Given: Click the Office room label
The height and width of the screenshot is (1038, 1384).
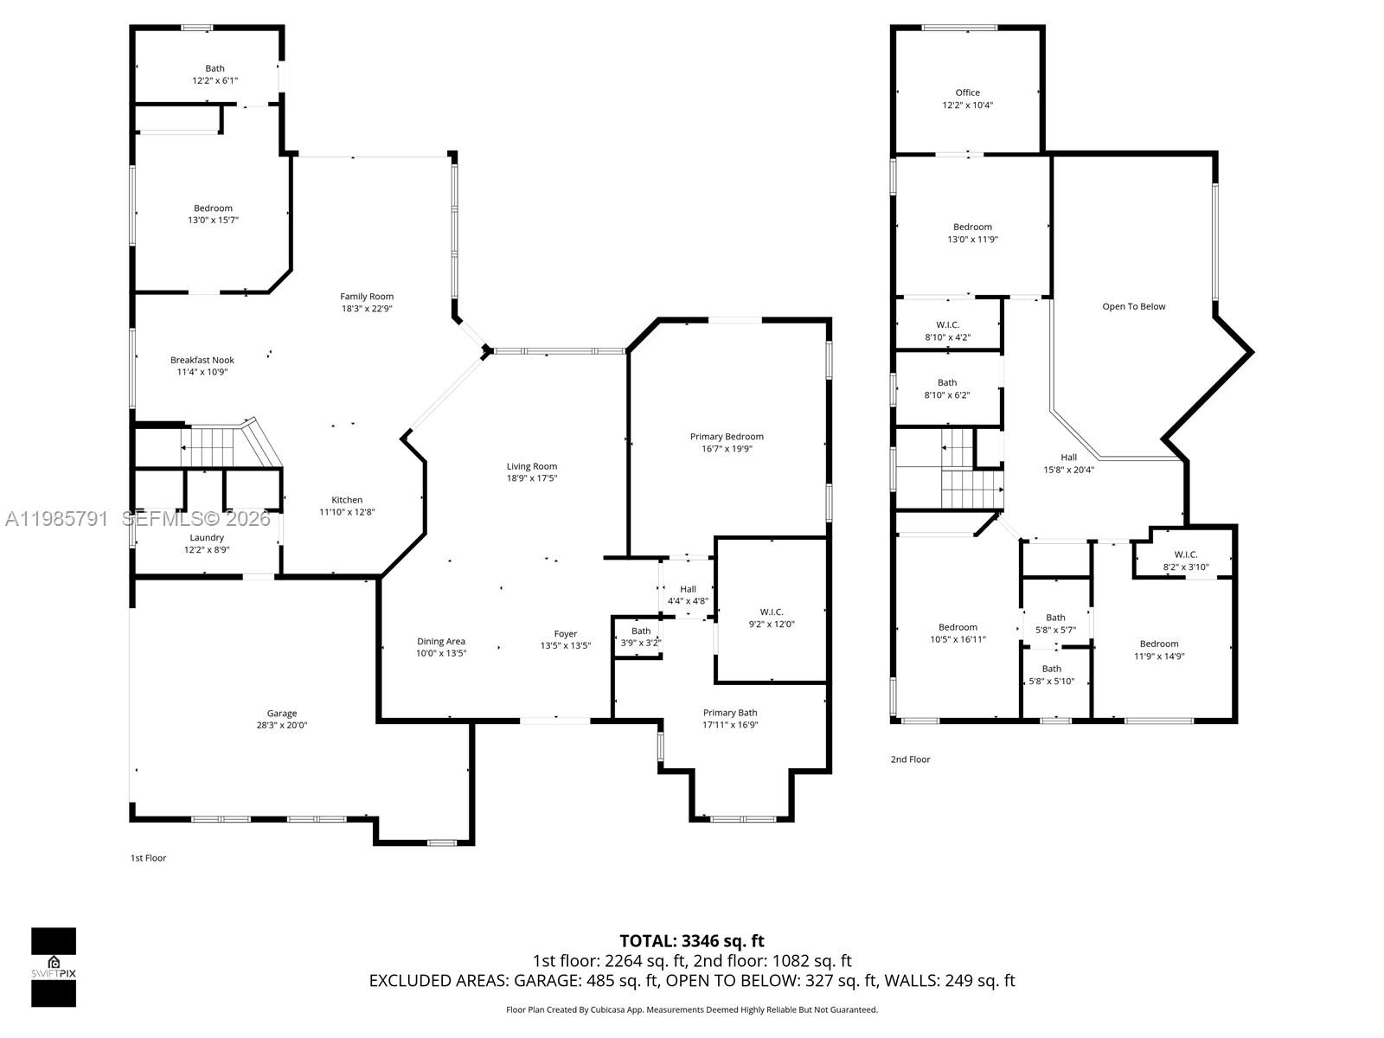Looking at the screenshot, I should click(x=967, y=93).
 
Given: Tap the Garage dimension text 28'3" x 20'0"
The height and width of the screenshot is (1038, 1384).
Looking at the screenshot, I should click(x=281, y=726).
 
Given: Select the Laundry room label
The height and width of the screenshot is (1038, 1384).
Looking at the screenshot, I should click(x=207, y=537).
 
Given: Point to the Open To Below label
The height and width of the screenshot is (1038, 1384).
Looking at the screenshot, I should click(x=1133, y=306).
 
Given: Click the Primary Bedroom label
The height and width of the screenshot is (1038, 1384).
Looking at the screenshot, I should click(x=727, y=437).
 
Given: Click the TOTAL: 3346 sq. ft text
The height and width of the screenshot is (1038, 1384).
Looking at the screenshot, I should click(x=691, y=941).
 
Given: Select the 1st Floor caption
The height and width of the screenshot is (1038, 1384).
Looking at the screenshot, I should click(x=148, y=858).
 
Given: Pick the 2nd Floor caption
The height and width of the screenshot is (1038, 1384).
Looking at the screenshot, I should click(x=910, y=759).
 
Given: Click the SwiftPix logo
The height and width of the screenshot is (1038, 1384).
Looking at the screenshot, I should click(x=54, y=967).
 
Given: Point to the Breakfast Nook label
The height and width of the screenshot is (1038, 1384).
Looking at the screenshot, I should click(x=202, y=360).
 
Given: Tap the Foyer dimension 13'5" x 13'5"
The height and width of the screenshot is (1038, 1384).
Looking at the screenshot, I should click(x=565, y=645).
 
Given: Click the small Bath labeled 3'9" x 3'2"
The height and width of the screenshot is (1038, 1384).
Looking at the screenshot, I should click(x=640, y=637).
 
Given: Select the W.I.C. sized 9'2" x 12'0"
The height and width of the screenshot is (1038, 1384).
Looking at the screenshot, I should click(x=771, y=618).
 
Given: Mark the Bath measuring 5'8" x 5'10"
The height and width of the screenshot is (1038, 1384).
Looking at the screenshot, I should click(x=1051, y=675).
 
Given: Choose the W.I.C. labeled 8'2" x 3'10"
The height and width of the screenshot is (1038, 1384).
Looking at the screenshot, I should click(x=1185, y=561).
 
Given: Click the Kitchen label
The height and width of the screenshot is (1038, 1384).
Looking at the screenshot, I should click(x=347, y=500).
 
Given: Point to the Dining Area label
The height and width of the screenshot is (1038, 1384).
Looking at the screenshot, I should click(x=441, y=641).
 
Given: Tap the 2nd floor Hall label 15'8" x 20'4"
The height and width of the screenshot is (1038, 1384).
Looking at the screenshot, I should click(x=1068, y=464).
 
